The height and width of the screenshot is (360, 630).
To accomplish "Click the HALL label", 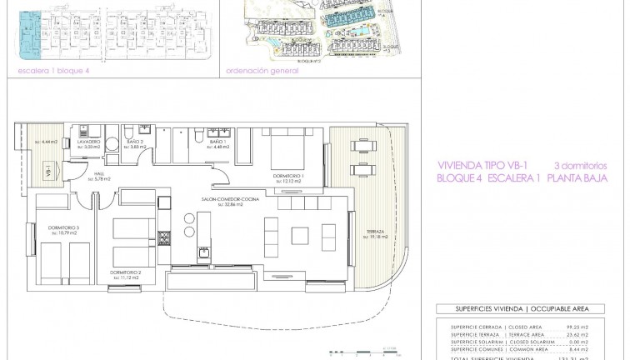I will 100,176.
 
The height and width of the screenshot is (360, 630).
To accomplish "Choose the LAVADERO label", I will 91,142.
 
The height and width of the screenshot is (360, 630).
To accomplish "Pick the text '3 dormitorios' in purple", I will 579,165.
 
